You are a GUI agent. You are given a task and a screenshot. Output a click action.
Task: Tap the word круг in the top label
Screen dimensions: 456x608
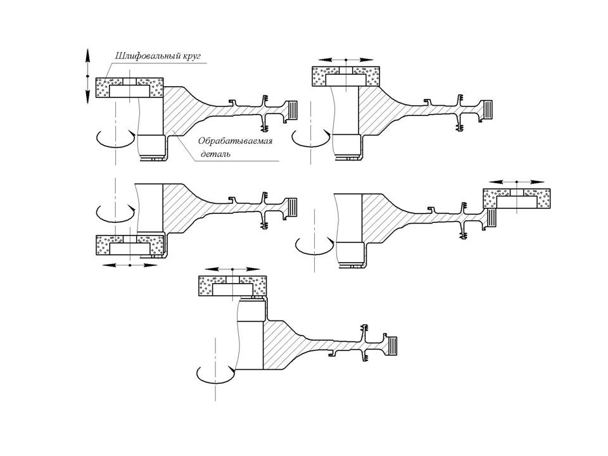coord(189,56)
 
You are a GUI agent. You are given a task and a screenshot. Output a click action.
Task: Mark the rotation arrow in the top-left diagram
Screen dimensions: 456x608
coord(115,138)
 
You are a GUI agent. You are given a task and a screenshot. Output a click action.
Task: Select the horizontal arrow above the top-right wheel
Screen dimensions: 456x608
coord(346,60)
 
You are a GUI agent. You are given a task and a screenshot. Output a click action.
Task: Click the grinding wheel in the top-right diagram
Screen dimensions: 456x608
coord(345,76)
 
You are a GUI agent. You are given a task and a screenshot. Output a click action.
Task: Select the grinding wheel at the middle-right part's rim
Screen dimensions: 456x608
coord(516,199)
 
